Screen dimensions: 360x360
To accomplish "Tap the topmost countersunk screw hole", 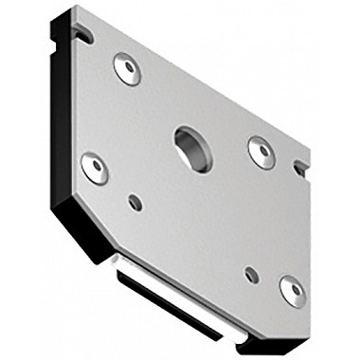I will (x=127, y=68).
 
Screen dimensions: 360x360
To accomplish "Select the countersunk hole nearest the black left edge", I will (x=94, y=168).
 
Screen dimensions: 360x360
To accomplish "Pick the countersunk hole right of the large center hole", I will (x=261, y=151).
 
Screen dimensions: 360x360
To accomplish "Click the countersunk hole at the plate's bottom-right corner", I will (x=292, y=290).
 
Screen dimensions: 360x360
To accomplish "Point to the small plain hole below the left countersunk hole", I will (x=135, y=202).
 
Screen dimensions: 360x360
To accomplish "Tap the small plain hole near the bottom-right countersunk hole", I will (x=251, y=275).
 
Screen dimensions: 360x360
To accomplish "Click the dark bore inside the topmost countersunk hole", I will (x=128, y=67).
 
